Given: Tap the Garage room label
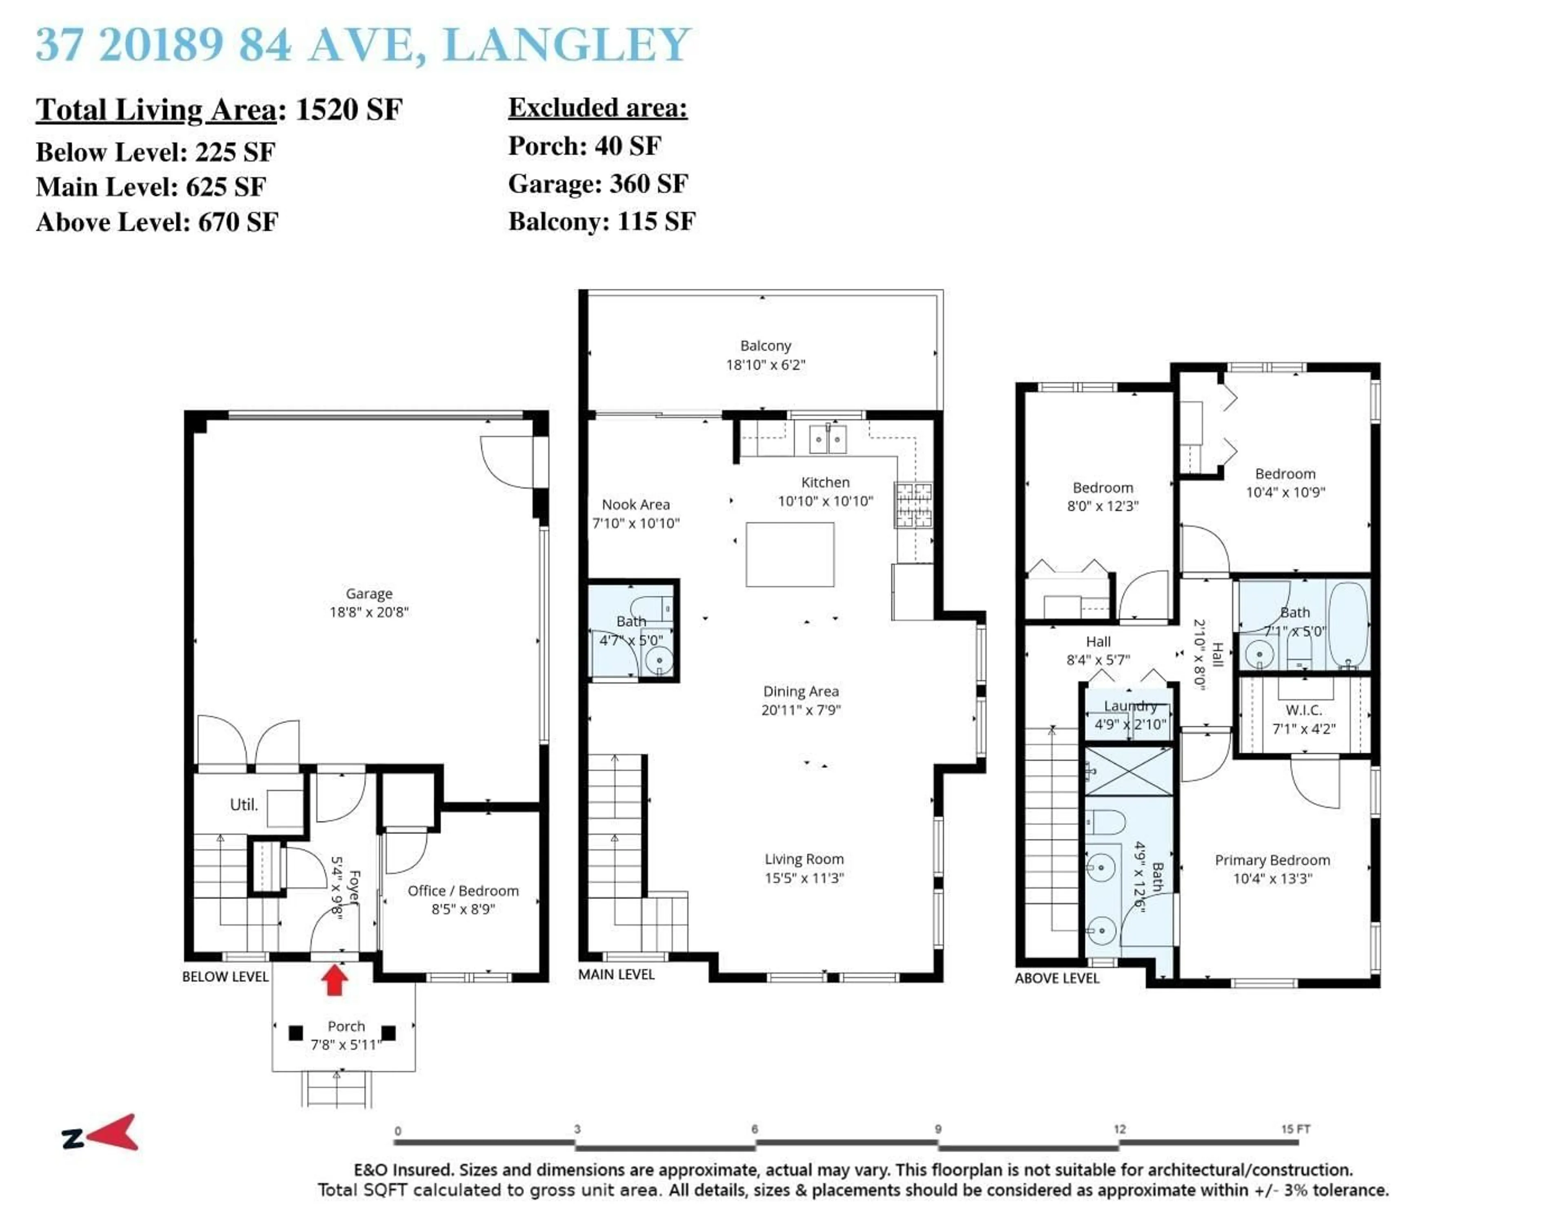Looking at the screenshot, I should pos(369,594).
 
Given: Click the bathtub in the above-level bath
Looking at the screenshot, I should pos(1349,626).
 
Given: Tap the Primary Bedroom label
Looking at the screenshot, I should pos(1272,860).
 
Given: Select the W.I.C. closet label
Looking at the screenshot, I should pos(1304,710).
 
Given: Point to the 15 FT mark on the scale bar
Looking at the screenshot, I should pos(1295,1129).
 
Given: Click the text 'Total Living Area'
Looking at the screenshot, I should pos(156,110).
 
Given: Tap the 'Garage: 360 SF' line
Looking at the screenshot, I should pos(598,184).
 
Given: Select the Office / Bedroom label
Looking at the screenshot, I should pos(463,891).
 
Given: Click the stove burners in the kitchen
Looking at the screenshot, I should pos(912,505).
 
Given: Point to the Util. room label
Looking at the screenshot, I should pos(243,805).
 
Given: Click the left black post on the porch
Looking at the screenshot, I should pos(295,1033).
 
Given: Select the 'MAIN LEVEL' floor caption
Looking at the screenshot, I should pos(616,974).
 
